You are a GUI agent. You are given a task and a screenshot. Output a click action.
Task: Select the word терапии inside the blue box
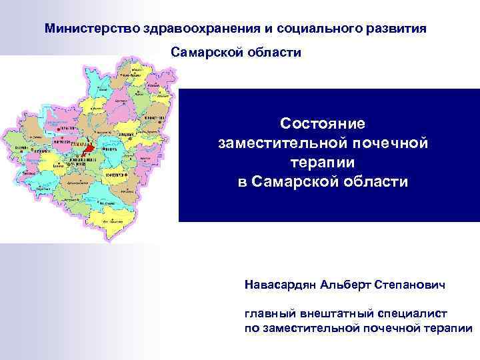[323, 162]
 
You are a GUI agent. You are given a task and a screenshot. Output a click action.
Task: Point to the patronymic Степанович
[409, 285]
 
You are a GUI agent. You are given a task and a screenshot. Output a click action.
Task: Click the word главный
[267, 313]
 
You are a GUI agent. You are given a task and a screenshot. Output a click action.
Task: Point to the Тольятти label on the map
[65, 128]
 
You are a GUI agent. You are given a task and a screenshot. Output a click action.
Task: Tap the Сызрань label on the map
[20, 147]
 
